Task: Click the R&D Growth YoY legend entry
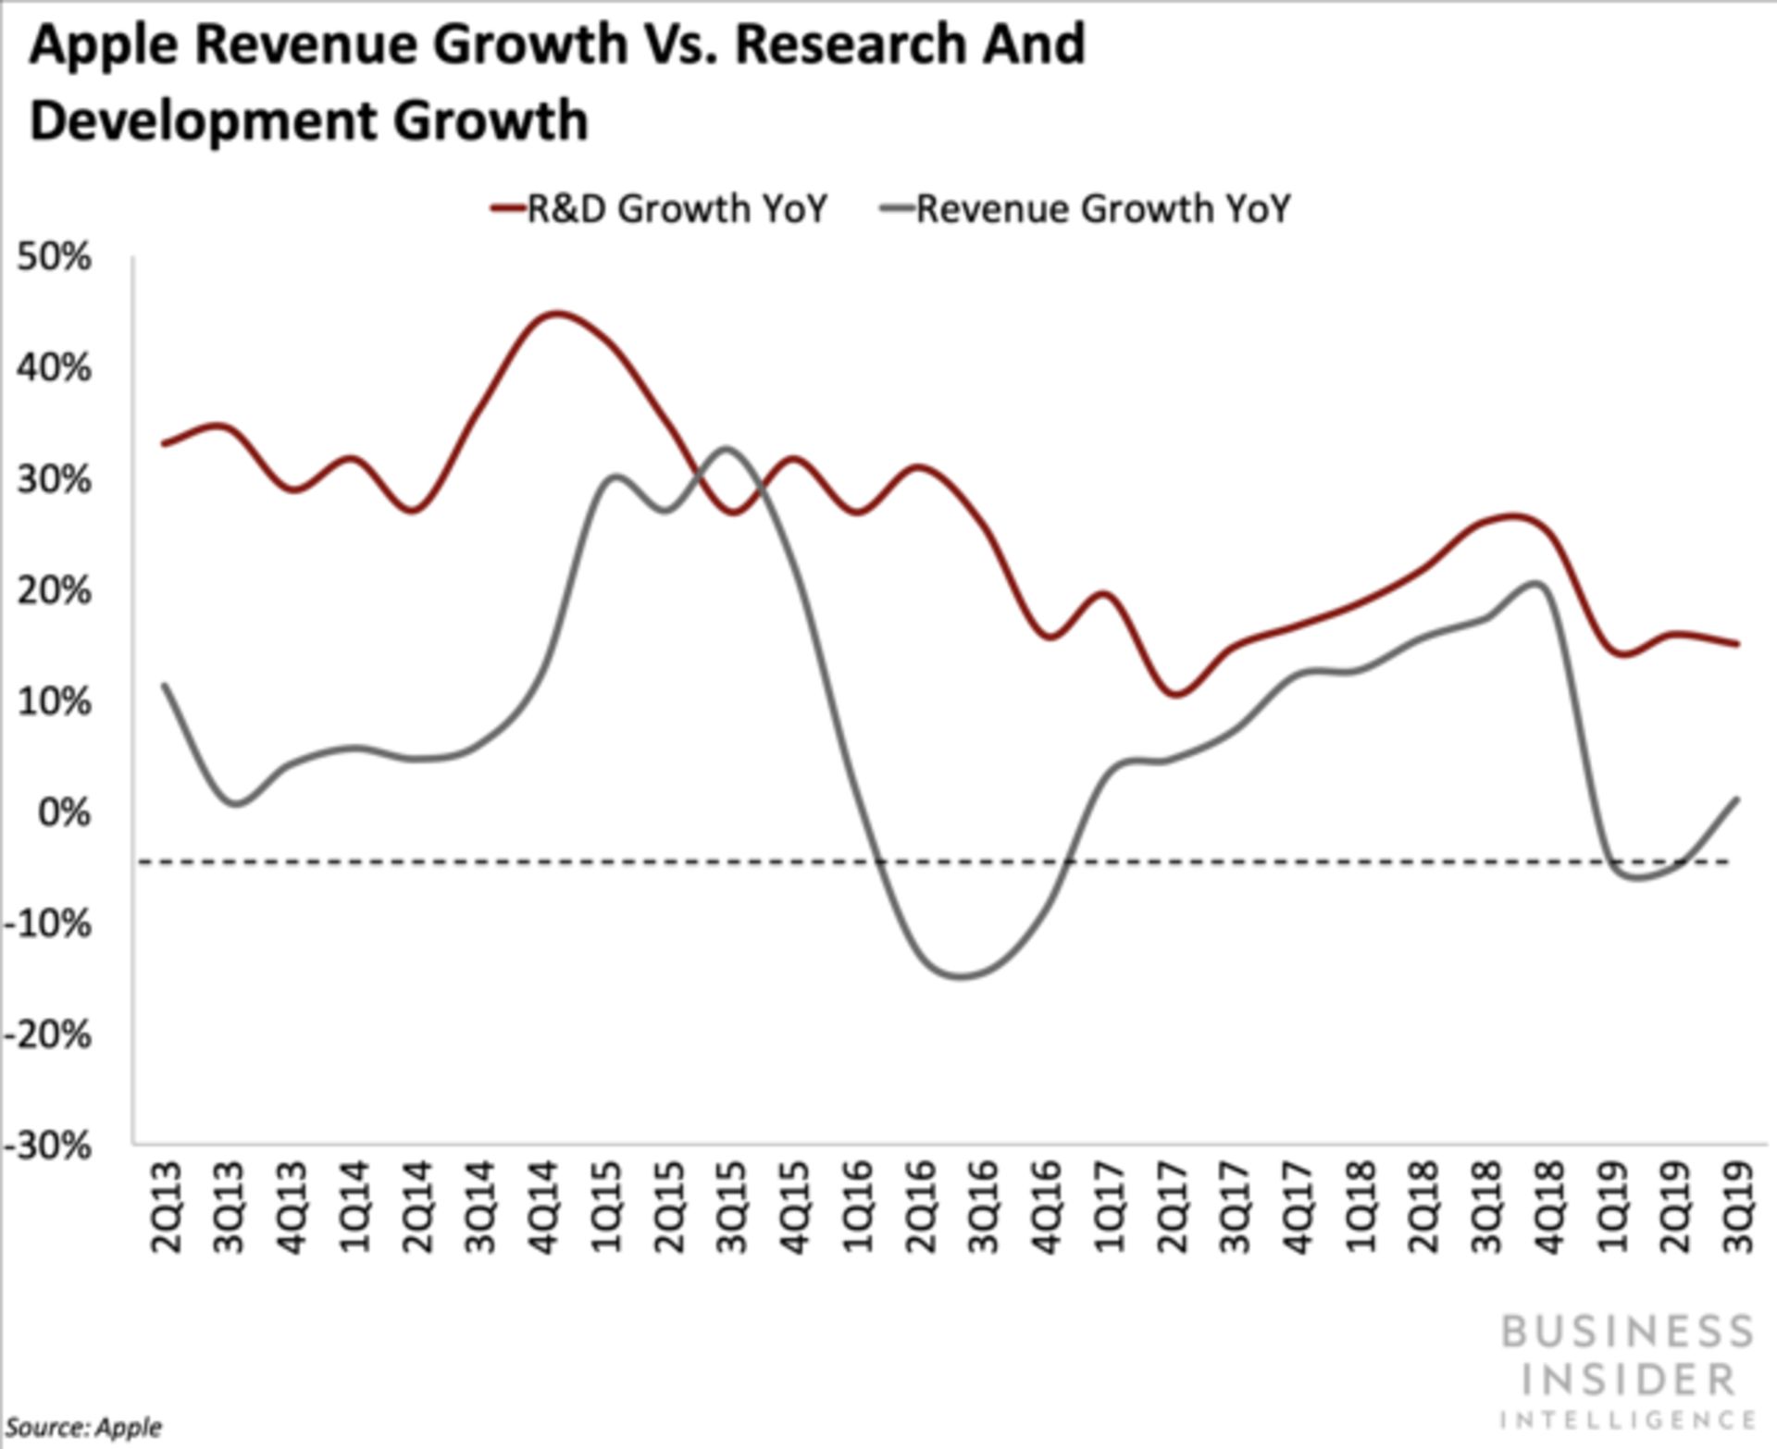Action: pos(659,208)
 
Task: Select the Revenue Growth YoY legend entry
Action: pos(1086,208)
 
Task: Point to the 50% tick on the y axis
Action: pos(54,257)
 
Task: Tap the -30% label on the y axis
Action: pos(48,1146)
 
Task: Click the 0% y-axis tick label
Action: pos(65,812)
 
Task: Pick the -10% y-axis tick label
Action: pos(48,923)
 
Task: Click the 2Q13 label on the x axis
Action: pos(168,1207)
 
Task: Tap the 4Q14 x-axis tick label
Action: pos(544,1207)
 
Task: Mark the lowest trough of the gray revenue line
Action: pos(963,976)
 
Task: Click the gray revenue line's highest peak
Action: pos(727,450)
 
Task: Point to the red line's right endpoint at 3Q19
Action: pos(1737,644)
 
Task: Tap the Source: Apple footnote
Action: pos(83,1427)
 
